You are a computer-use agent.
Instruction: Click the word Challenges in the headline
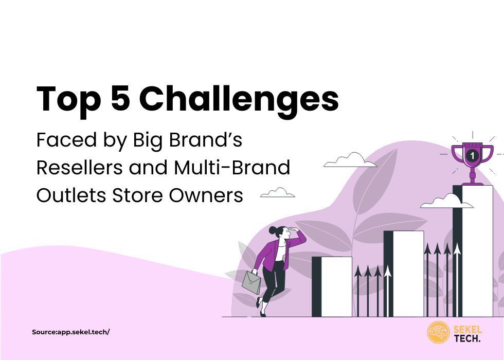pyautogui.click(x=239, y=99)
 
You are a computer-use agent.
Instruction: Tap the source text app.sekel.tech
pyautogui.click(x=71, y=332)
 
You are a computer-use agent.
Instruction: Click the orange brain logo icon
pyautogui.click(x=438, y=333)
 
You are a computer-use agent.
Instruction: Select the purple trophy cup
pyautogui.click(x=472, y=159)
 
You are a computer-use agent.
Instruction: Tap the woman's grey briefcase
pyautogui.click(x=251, y=282)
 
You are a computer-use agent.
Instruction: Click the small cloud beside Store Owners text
pyautogui.click(x=278, y=193)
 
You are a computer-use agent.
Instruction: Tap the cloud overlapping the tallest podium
pyautogui.click(x=446, y=201)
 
